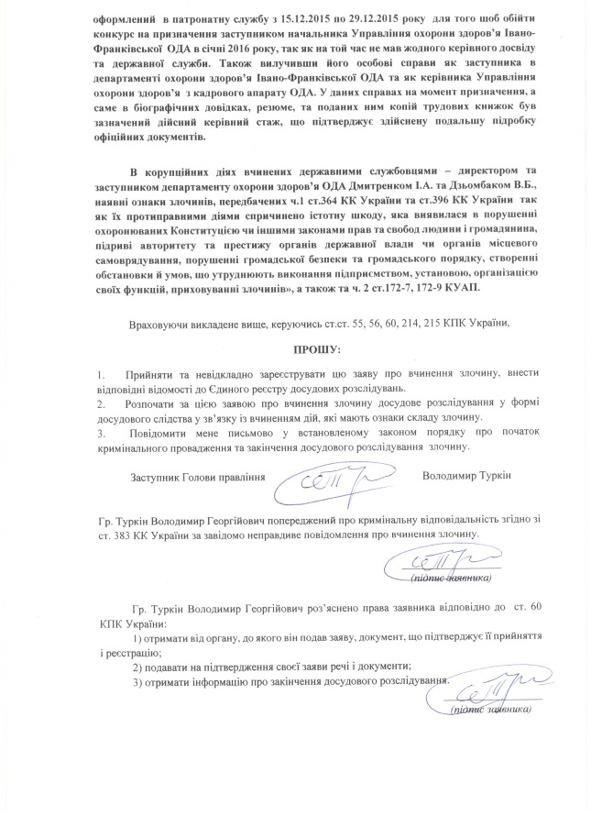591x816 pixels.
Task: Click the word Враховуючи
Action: [162, 324]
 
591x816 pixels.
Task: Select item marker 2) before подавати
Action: [138, 666]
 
